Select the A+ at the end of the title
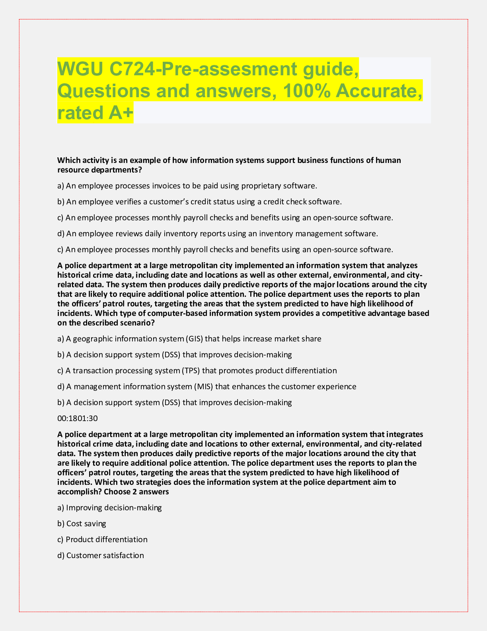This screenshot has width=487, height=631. (x=120, y=113)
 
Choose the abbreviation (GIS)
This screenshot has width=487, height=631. (x=194, y=339)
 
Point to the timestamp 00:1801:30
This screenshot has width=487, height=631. (x=78, y=418)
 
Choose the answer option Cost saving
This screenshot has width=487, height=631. (x=86, y=523)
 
